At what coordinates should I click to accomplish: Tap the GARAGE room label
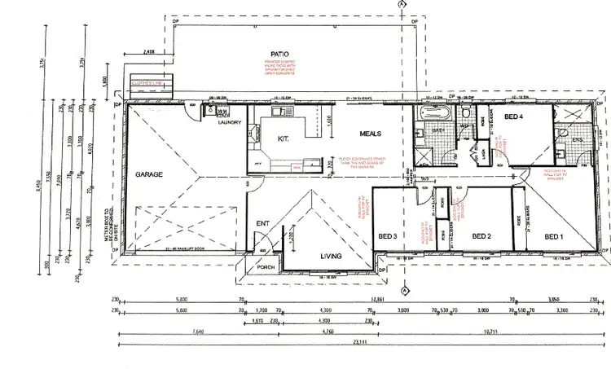pos(150,174)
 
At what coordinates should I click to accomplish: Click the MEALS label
pos(371,132)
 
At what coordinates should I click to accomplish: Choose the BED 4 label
pos(513,116)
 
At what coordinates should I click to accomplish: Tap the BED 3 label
pos(387,237)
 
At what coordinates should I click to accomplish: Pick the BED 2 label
pos(460,237)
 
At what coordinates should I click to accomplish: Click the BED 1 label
pos(554,237)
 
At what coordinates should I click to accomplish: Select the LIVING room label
pos(330,256)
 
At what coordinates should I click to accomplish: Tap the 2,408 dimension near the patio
pos(149,51)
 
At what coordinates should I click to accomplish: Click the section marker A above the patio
pos(402,4)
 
